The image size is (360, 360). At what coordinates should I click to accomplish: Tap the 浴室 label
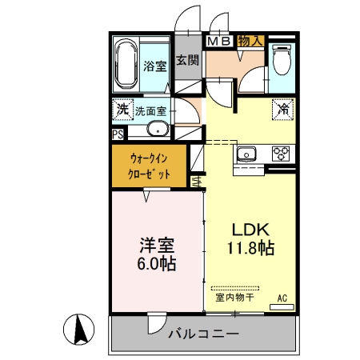[154, 66]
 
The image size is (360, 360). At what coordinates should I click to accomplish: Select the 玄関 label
[187, 59]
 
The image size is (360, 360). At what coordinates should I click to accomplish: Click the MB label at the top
[219, 41]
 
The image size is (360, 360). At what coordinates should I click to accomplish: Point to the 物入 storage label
[250, 41]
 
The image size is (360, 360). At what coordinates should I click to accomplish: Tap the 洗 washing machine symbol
[122, 109]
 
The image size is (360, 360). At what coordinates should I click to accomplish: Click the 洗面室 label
[150, 110]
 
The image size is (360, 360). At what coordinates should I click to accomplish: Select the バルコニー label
[202, 333]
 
